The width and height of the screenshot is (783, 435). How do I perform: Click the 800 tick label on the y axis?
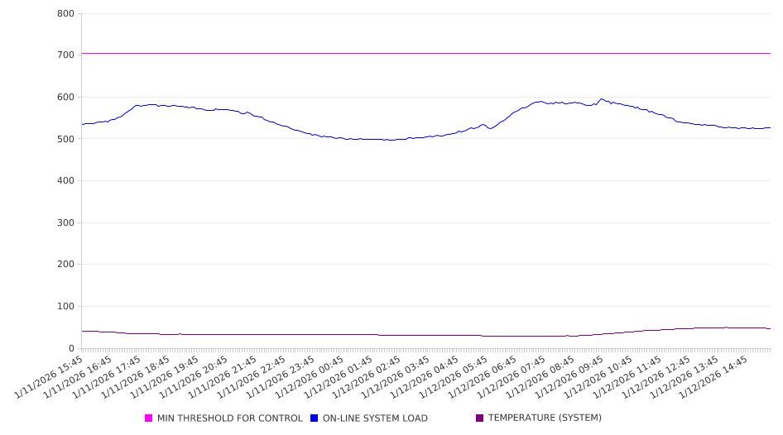pyautogui.click(x=66, y=14)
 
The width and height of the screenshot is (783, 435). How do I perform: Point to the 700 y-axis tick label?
pyautogui.click(x=66, y=55)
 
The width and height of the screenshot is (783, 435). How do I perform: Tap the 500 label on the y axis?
pyautogui.click(x=66, y=139)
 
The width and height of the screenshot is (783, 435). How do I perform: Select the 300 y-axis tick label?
pyautogui.click(x=66, y=223)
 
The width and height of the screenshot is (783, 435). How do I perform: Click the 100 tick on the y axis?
pyautogui.click(x=66, y=307)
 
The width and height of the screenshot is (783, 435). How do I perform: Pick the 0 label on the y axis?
pyautogui.click(x=71, y=349)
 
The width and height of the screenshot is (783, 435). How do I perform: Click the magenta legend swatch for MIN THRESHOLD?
pyautogui.click(x=149, y=418)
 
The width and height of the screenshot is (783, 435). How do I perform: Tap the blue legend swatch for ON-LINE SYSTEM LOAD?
pyautogui.click(x=315, y=418)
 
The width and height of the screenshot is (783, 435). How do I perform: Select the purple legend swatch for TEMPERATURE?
pyautogui.click(x=480, y=418)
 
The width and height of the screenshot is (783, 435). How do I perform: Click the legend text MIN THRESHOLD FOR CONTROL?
pyautogui.click(x=229, y=418)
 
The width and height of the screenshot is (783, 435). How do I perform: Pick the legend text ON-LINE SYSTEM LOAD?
pyautogui.click(x=375, y=418)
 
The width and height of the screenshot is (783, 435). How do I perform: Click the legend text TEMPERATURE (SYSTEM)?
pyautogui.click(x=545, y=418)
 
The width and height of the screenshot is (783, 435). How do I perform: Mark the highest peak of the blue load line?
pyautogui.click(x=602, y=99)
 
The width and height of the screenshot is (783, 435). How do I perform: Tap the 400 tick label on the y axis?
pyautogui.click(x=66, y=181)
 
